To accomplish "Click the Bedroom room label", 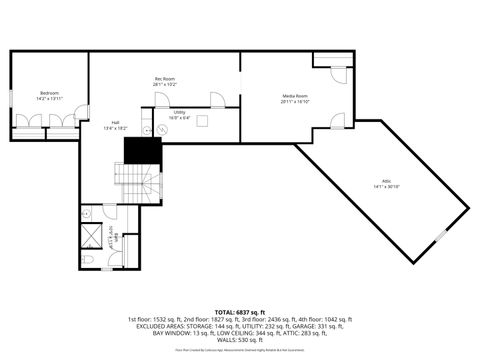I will click(x=49, y=95).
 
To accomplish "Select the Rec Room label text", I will click(x=165, y=81).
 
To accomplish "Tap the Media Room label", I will click(x=295, y=98).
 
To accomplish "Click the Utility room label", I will click(x=179, y=115).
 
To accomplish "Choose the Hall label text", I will click(x=116, y=125).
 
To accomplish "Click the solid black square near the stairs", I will click(x=143, y=151).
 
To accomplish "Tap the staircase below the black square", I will click(x=147, y=183).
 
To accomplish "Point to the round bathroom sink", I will click(x=87, y=213).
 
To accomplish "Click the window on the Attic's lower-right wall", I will click(x=441, y=236).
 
